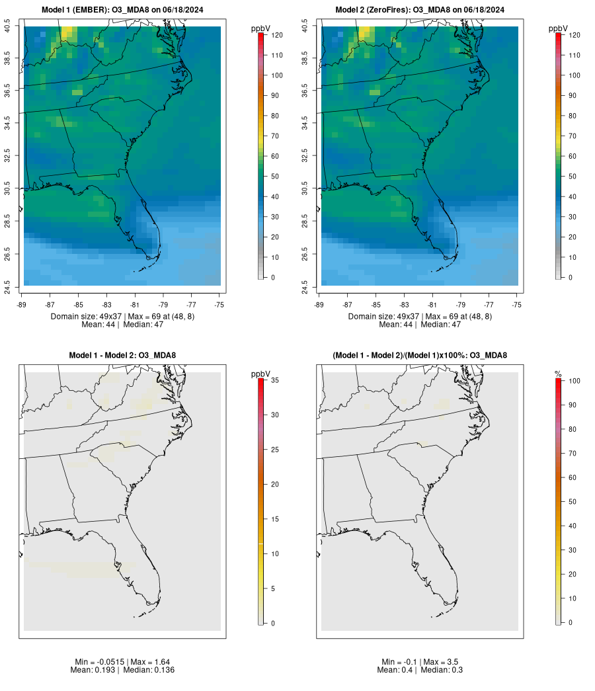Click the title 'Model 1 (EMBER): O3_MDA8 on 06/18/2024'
point(122,10)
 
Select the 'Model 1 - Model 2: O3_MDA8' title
point(122,356)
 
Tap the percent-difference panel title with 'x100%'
point(420,356)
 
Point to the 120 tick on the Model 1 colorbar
point(278,35)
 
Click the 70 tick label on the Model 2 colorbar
point(574,136)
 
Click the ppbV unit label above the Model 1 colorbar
point(261,28)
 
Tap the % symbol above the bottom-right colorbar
point(558,374)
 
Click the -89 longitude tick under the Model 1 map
point(22,305)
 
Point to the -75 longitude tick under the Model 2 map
point(516,305)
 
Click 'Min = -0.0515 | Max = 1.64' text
point(122,662)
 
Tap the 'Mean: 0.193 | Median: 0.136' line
point(122,670)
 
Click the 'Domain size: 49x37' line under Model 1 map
point(122,317)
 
